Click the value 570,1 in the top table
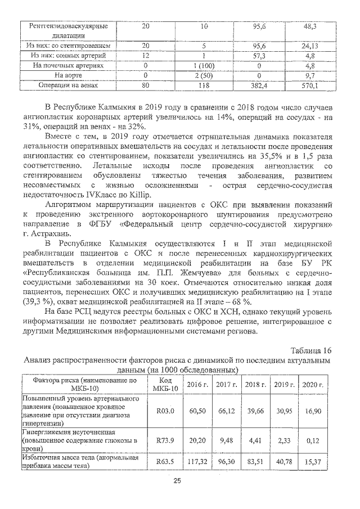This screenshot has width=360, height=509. point(310,85)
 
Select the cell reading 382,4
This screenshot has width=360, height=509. point(259,85)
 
